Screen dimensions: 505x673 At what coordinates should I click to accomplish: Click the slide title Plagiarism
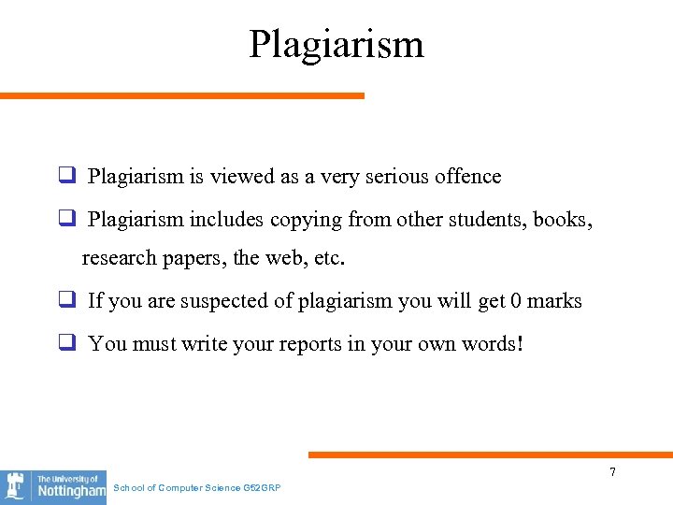[x=336, y=44]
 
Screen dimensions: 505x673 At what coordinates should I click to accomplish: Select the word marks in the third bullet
[x=555, y=301]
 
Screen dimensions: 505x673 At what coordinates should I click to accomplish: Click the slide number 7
[x=612, y=472]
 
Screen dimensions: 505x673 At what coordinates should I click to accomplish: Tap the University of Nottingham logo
[x=53, y=486]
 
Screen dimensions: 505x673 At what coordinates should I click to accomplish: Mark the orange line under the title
[x=181, y=95]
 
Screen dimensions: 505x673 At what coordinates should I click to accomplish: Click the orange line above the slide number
[x=490, y=455]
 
